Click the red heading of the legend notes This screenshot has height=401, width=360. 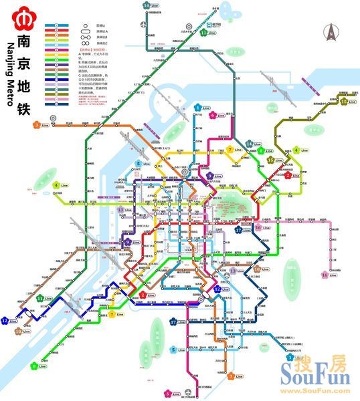tap(91, 49)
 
